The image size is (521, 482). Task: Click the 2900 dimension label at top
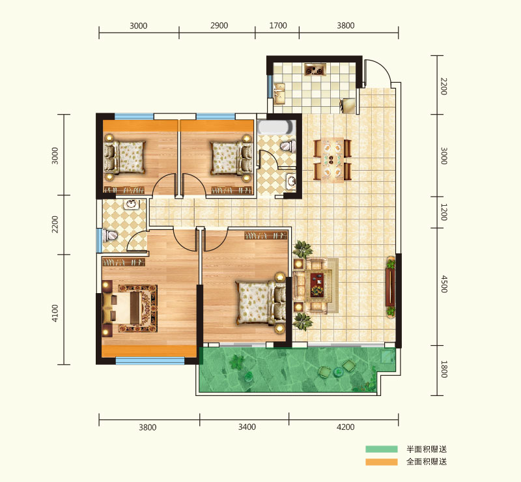(219, 25)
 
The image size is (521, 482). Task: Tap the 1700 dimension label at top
(278, 25)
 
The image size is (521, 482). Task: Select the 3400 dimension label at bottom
(247, 427)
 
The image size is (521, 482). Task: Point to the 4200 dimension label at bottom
(346, 427)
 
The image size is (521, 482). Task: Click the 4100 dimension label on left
(55, 313)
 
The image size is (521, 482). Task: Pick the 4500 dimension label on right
(444, 284)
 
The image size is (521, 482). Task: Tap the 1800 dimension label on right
(444, 369)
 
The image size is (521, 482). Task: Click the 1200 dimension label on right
(444, 212)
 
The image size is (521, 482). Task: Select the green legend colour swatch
(382, 449)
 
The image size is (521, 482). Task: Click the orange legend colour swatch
(382, 462)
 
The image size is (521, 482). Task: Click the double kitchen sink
(280, 93)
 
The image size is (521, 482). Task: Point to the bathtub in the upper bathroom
(276, 127)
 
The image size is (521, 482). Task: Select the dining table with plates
(332, 160)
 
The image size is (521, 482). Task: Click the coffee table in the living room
(317, 285)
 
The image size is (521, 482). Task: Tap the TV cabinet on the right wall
(390, 287)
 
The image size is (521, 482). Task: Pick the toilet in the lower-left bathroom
(110, 236)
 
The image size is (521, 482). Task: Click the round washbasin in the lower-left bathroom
(132, 204)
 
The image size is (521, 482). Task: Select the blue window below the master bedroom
(150, 361)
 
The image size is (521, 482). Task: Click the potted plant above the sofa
(303, 249)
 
